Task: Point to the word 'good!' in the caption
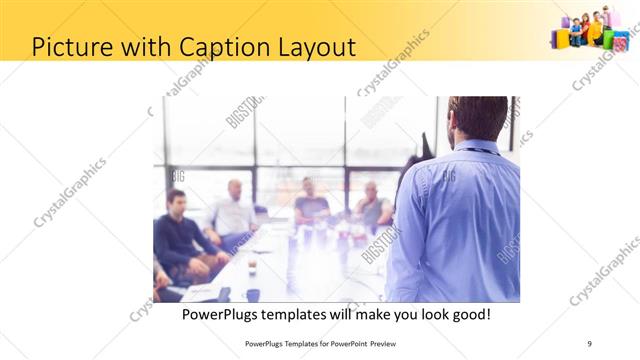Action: click(466, 315)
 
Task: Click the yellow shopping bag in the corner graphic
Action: click(562, 38)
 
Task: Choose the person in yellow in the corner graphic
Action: click(595, 28)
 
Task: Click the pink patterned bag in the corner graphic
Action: click(621, 41)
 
